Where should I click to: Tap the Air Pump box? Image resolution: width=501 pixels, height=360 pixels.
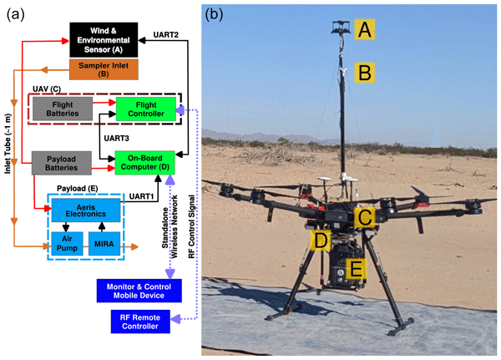[x=67, y=243]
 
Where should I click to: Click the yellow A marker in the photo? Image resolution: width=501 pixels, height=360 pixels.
[x=363, y=30]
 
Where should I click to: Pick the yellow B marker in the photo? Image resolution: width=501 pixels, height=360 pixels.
[x=363, y=72]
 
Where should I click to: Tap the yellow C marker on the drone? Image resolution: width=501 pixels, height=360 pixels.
[x=362, y=219]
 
